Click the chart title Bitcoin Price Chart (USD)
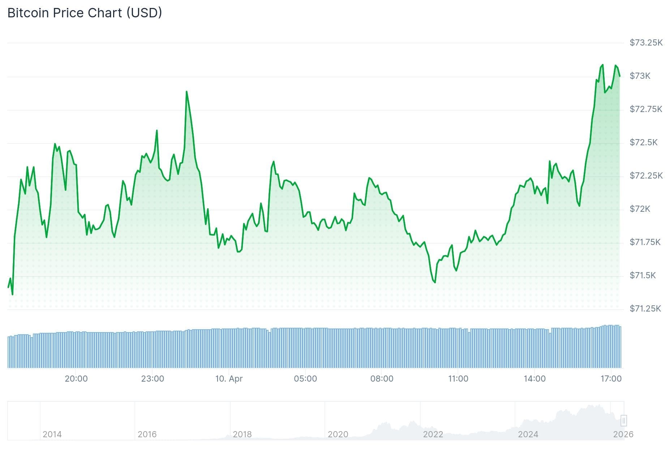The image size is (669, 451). point(85,13)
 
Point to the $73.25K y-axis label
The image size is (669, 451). point(646,43)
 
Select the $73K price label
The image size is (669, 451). point(640,76)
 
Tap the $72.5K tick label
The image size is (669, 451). point(643,142)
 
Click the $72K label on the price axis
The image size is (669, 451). point(640,209)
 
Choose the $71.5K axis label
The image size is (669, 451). point(642,275)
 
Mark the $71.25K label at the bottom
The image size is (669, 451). point(645,309)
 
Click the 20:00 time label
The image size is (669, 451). point(76,379)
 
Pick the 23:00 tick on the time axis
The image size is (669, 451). point(153,379)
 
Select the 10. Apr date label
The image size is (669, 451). point(229,379)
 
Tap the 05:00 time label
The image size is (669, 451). point(305,379)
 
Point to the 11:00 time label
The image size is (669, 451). point(458,379)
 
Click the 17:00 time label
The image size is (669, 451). point(611,379)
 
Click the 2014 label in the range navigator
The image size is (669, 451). point(52,434)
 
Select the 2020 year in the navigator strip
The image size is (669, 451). point(338,434)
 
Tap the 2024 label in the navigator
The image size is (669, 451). point(528,434)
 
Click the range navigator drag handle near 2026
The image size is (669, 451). point(623,421)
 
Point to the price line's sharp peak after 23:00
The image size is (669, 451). point(186,92)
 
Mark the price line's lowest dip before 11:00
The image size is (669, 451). point(435,282)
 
